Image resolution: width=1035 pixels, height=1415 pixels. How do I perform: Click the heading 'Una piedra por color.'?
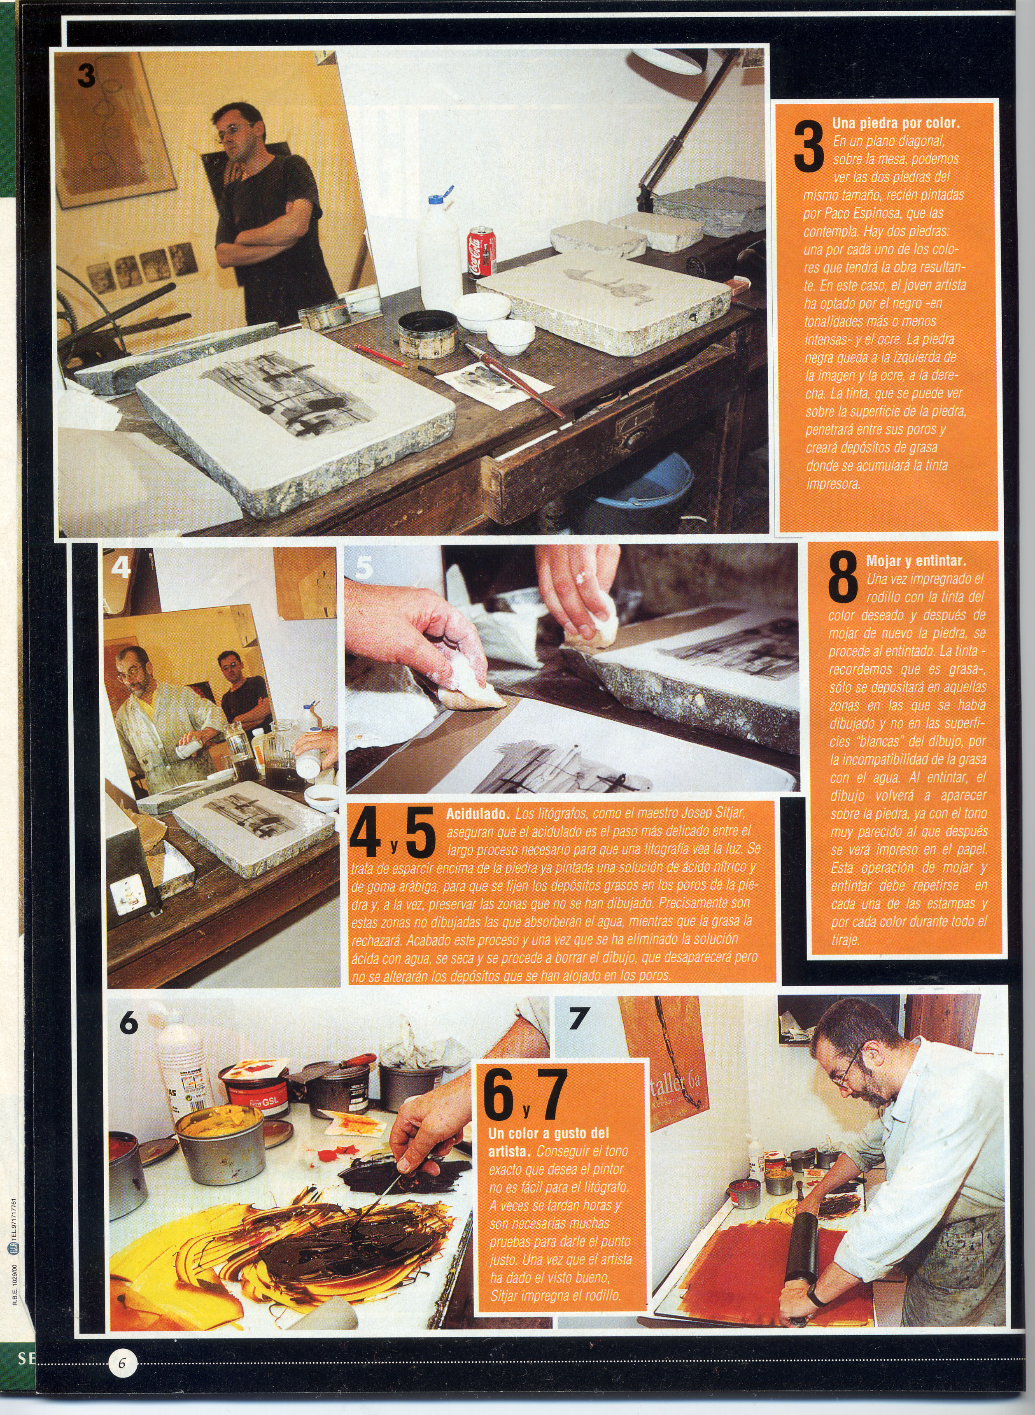coord(895,123)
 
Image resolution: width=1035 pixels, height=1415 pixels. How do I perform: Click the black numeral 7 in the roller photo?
coord(577,1019)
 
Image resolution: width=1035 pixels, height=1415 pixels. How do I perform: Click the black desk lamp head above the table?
coord(664,61)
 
